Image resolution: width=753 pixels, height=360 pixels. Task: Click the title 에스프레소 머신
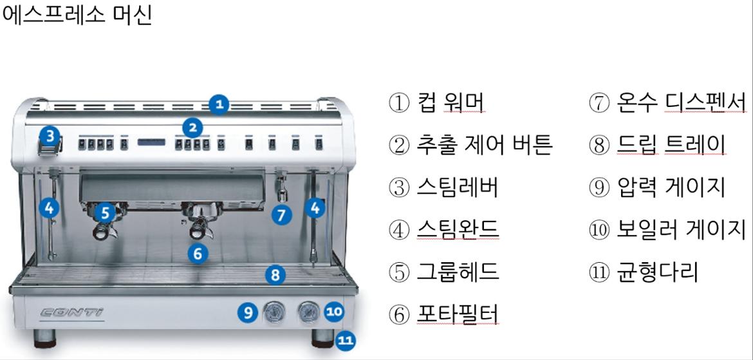pos(77,15)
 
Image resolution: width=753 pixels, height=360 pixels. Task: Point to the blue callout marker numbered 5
pos(106,211)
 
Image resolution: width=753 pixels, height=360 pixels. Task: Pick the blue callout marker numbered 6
pos(198,253)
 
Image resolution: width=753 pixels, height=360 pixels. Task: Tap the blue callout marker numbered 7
pos(281,214)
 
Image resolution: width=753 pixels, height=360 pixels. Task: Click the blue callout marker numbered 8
pos(275,276)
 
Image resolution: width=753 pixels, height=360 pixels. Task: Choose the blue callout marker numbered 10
pos(334,312)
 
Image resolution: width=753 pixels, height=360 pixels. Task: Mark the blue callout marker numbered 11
pos(346,341)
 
